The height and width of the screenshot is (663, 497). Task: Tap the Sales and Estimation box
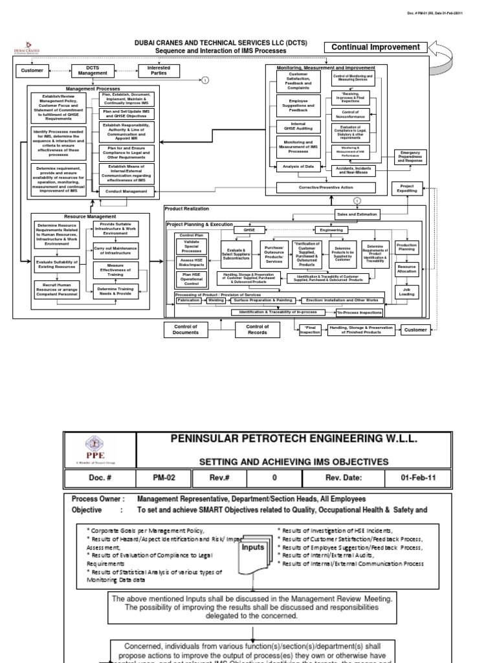coord(357,213)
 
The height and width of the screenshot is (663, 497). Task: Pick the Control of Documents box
coord(185,330)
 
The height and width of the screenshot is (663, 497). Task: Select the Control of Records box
coord(257,330)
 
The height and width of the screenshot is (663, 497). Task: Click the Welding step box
coord(217,300)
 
